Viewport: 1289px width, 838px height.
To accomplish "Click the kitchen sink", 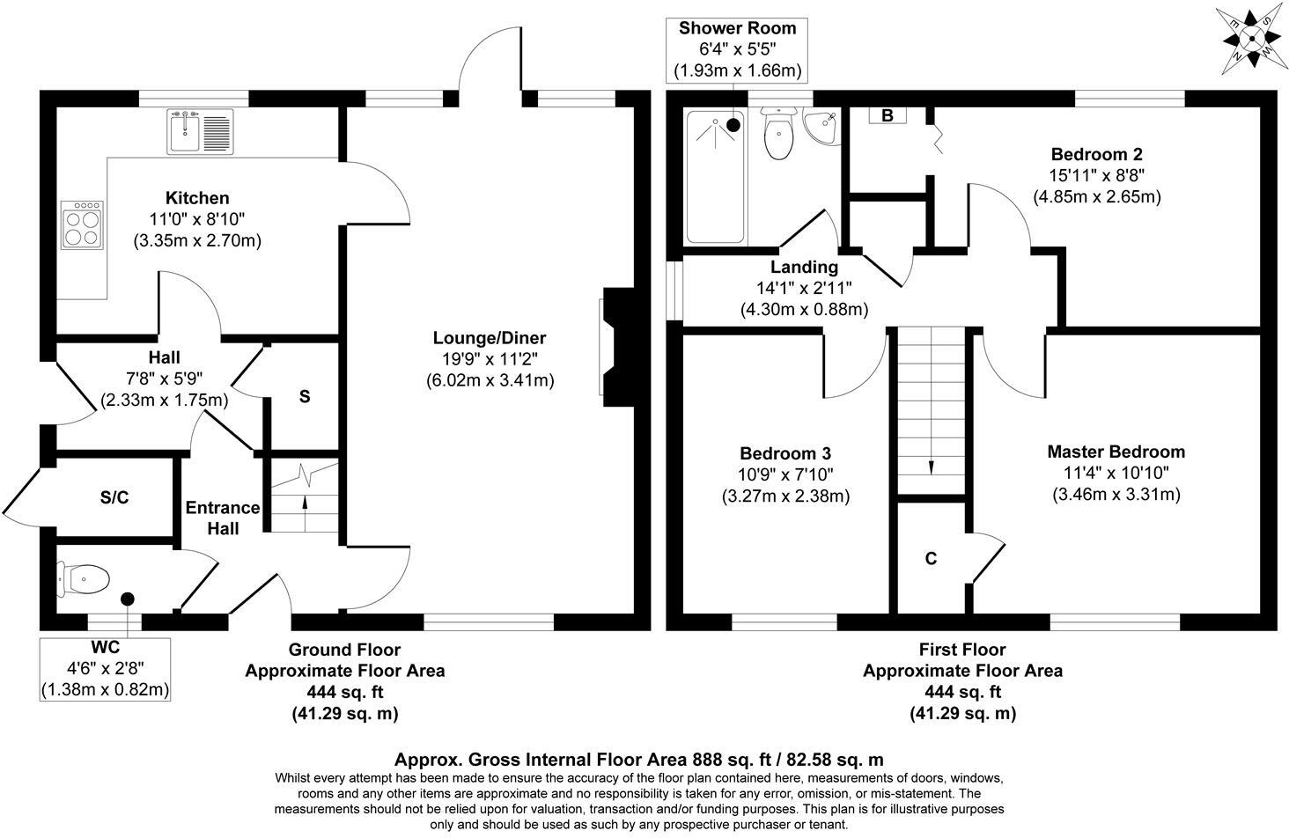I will [x=198, y=131].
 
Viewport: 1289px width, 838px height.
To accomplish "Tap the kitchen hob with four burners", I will [x=82, y=226].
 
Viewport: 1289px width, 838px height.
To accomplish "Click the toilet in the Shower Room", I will [x=777, y=135].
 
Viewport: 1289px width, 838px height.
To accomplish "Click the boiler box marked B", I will [x=888, y=115].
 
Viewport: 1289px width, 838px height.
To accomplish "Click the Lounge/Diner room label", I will [x=489, y=338].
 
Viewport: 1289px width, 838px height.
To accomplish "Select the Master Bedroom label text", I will [x=1116, y=452].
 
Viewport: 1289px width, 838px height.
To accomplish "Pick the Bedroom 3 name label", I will [x=784, y=453].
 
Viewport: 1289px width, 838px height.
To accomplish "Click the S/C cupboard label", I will [x=114, y=497].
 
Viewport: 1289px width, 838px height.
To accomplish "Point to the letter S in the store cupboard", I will [x=305, y=397].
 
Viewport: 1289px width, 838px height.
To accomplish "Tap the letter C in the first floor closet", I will [x=931, y=558].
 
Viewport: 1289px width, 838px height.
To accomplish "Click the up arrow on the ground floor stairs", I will [x=305, y=504].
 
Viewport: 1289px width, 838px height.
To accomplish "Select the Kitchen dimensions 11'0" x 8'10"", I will [x=197, y=219].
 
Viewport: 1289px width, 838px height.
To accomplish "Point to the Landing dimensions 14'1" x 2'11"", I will [x=804, y=288].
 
